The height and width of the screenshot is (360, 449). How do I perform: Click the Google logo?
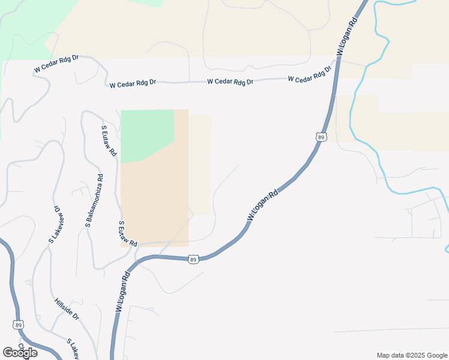(20, 353)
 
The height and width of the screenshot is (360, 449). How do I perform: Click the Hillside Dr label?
(67, 308)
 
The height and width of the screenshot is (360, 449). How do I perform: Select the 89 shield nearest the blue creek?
(322, 137)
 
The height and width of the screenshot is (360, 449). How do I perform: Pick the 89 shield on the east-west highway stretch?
(193, 259)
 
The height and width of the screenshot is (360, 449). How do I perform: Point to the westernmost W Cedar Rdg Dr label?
(57, 64)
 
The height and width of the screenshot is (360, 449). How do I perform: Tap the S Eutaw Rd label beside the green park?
(109, 140)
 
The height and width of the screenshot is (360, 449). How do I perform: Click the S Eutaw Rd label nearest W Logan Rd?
(127, 234)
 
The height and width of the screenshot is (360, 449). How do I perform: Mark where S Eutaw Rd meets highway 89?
(139, 260)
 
